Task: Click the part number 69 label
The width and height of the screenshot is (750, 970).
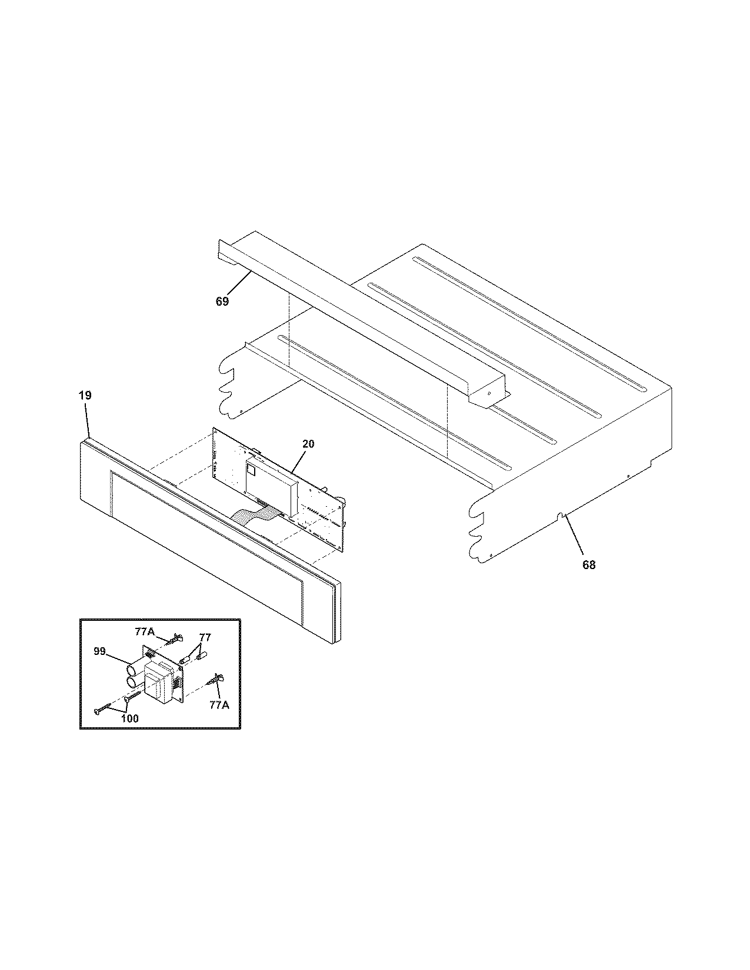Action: pos(222,302)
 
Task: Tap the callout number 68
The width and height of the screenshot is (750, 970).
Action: pos(589,565)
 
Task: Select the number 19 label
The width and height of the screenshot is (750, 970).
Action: pos(85,396)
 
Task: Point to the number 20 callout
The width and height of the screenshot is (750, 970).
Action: pos(308,444)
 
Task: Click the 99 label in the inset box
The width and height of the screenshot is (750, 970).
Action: pos(99,651)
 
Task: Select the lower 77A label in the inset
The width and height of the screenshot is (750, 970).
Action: pos(219,705)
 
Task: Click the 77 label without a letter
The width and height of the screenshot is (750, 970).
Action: pos(205,637)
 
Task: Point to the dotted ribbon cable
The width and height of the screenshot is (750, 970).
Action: pos(253,514)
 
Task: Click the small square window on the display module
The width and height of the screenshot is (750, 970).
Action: pos(252,469)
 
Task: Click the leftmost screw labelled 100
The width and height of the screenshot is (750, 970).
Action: pos(101,710)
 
